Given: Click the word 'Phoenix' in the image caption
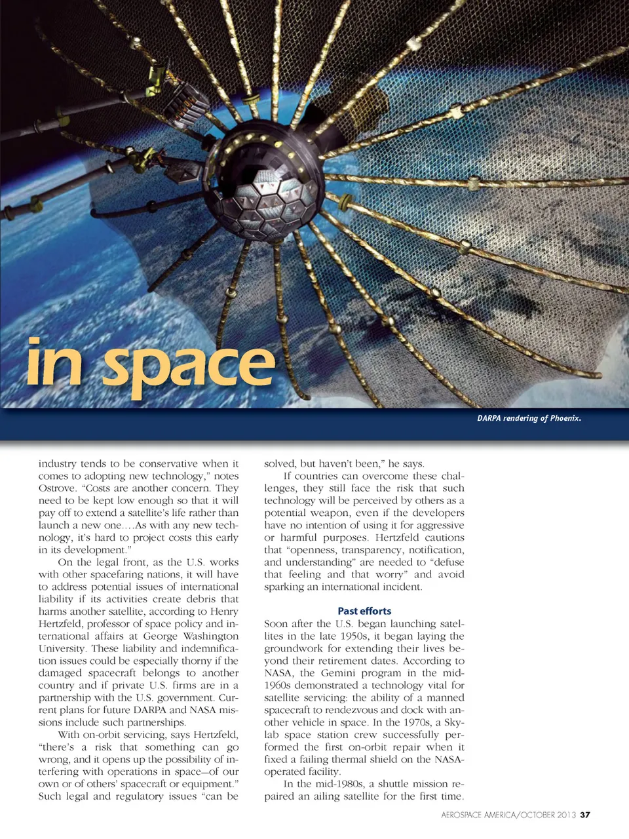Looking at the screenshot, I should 565,418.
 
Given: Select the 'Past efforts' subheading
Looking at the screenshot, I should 364,611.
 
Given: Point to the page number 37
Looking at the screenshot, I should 585,815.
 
